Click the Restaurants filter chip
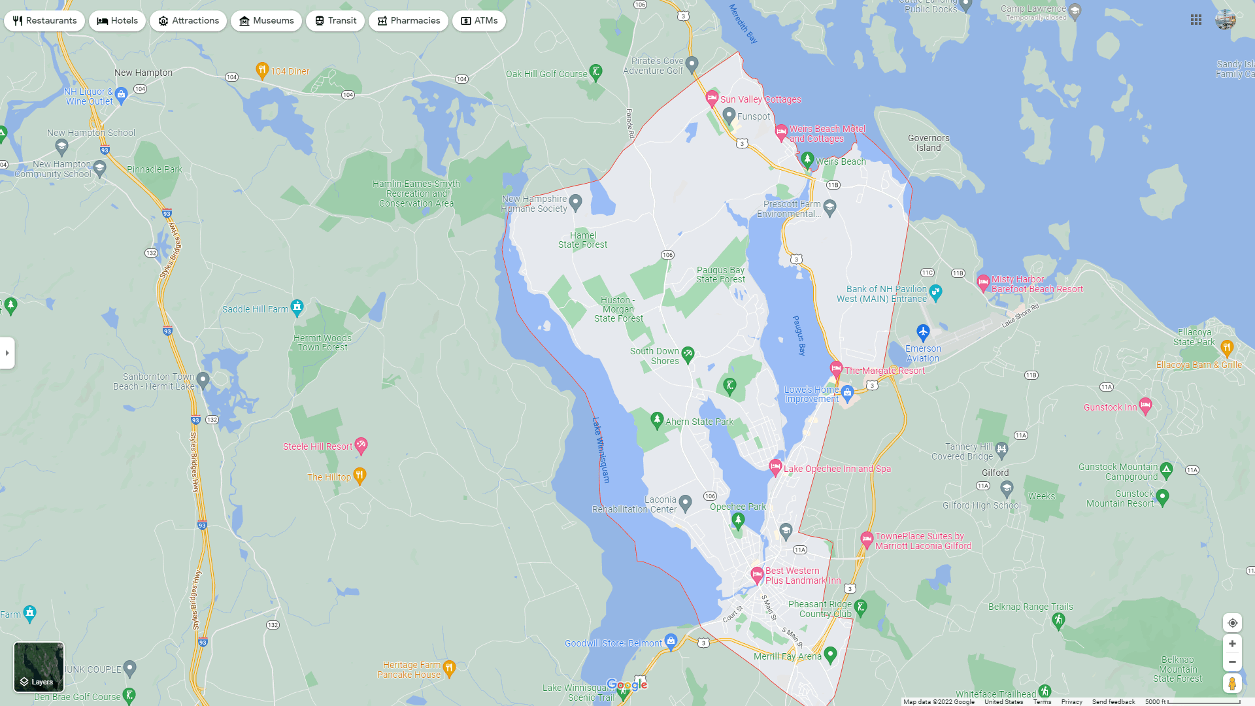tap(44, 21)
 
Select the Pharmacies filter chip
tap(408, 21)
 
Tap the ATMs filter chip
tap(478, 21)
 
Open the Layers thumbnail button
tap(39, 667)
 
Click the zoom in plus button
tap(1232, 644)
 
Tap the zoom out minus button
tap(1232, 662)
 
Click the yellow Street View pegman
tap(1232, 684)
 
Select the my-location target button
tap(1232, 623)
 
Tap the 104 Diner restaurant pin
tap(262, 70)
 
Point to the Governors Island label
tap(928, 143)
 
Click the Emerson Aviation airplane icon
tap(923, 333)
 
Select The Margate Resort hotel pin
tap(836, 369)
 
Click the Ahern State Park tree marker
tap(658, 420)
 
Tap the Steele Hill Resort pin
tap(361, 445)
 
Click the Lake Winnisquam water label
tap(601, 450)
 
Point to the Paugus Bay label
tap(799, 335)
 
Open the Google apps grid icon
tap(1196, 20)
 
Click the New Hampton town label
tap(143, 73)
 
